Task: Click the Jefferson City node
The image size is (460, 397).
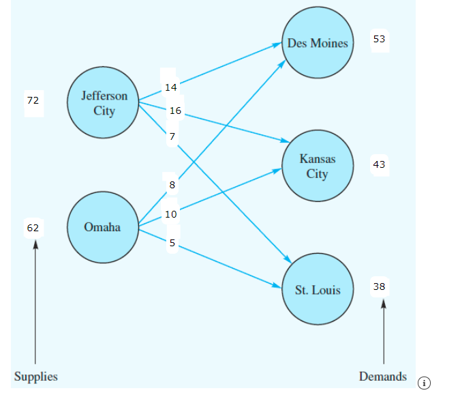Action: (104, 103)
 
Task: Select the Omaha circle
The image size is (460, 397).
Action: (102, 227)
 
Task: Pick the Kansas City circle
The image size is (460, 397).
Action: (318, 166)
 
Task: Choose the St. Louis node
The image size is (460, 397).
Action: (318, 290)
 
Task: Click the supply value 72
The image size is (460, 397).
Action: (33, 100)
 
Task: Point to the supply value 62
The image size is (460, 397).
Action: (33, 228)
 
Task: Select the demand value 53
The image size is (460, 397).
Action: (379, 40)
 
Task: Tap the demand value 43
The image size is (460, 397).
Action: (379, 164)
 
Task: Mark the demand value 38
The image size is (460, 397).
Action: (379, 287)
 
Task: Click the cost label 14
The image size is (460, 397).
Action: (170, 87)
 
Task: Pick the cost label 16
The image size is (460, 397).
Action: (175, 111)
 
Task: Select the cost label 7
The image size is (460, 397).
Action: (172, 137)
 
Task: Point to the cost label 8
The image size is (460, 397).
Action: (172, 185)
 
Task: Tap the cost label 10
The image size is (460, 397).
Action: (170, 214)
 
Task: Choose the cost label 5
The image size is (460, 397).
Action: (172, 243)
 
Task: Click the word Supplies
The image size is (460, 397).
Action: (36, 377)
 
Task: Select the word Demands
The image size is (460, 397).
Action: (383, 377)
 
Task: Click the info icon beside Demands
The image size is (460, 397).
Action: (425, 383)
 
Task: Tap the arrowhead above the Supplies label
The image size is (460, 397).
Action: (35, 244)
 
